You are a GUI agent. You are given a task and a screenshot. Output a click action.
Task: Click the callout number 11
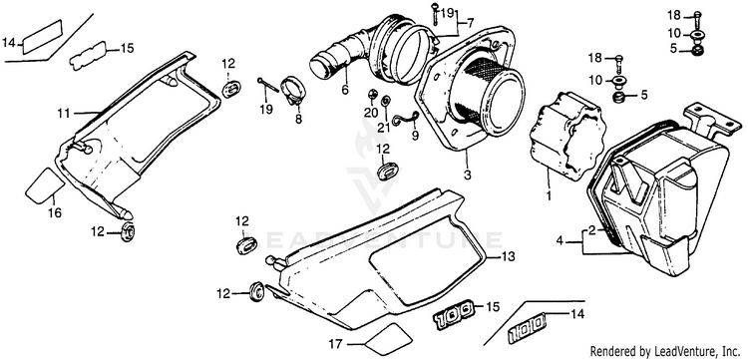64,114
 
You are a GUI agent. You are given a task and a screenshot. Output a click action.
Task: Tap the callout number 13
509,257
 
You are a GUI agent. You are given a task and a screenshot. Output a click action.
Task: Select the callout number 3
467,175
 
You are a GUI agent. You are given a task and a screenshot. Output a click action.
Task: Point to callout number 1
560,241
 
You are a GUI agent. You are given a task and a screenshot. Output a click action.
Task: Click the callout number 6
345,89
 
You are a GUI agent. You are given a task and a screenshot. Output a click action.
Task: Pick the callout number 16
55,212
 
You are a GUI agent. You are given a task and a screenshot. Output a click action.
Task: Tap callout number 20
371,112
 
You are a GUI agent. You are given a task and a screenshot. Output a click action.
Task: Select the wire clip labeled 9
406,120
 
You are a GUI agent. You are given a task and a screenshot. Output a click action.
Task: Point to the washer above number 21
385,101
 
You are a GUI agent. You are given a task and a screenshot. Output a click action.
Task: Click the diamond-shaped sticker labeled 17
387,336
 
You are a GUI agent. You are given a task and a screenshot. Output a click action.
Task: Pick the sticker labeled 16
44,184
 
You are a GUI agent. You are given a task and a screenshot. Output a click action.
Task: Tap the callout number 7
471,22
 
